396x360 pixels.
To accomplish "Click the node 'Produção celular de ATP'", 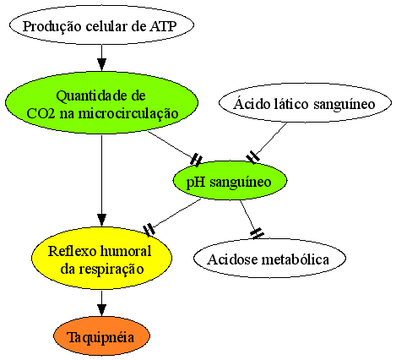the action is point(101,25).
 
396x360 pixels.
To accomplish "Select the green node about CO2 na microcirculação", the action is point(101,102).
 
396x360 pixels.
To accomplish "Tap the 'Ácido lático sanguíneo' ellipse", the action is point(305,103).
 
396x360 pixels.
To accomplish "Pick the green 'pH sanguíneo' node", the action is point(230,181).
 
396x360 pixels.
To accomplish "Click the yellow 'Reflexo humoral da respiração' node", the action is point(101,258).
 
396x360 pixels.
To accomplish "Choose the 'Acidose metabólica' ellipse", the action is point(269,259).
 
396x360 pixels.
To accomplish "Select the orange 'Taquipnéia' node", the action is point(101,336).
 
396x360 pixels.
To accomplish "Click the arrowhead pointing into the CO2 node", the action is point(101,64).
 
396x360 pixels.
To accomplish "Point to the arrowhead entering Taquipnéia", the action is point(101,310).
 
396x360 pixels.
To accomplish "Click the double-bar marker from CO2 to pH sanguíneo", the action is point(196,160).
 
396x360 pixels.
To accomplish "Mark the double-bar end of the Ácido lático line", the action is point(253,157).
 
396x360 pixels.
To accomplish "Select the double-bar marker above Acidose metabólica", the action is point(257,233).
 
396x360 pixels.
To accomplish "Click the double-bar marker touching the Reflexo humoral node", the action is point(149,229).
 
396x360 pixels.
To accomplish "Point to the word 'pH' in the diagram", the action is point(195,183).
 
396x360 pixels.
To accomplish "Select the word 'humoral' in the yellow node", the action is point(126,251).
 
